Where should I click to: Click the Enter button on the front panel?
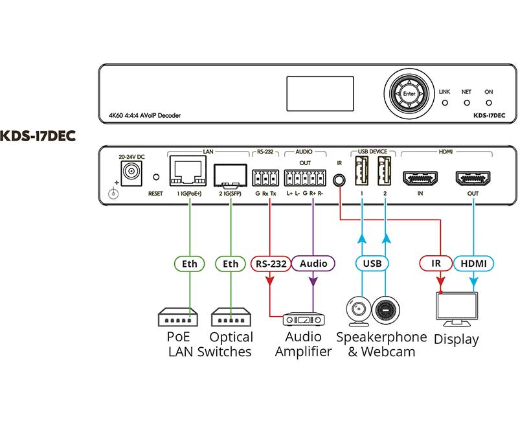[409, 94]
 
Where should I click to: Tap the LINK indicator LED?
[444, 102]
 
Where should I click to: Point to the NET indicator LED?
[466, 102]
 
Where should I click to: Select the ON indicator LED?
[488, 102]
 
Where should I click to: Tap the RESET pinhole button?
[155, 177]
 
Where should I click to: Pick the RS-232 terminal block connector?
[265, 177]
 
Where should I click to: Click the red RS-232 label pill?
[269, 264]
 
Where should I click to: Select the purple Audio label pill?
[313, 264]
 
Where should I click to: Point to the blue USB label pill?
[372, 264]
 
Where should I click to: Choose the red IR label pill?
[435, 264]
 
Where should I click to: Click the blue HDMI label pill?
[473, 264]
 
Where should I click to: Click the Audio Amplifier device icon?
[302, 318]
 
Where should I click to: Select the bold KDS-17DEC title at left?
[38, 136]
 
